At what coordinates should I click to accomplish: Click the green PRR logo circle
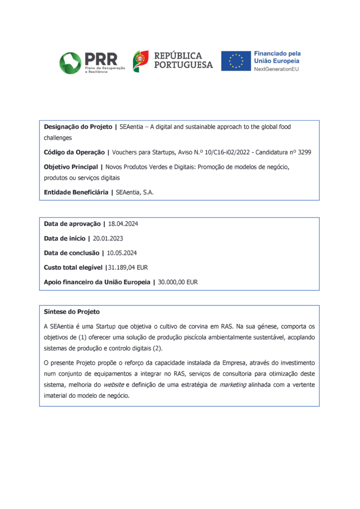(71, 62)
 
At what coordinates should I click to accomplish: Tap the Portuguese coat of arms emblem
(140, 61)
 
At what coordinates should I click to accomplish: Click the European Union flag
(235, 61)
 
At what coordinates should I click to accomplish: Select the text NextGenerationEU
(276, 69)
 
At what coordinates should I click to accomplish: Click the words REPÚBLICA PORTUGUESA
(183, 60)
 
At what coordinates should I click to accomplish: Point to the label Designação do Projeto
(78, 127)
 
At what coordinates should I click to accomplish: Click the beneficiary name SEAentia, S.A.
(135, 192)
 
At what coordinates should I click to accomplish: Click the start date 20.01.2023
(108, 239)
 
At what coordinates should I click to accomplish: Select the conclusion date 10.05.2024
(122, 253)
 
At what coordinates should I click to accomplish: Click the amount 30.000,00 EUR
(178, 282)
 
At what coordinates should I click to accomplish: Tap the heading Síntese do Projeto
(72, 312)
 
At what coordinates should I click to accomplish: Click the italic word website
(114, 384)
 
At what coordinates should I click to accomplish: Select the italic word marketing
(232, 384)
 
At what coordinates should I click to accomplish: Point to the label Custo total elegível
(74, 267)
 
